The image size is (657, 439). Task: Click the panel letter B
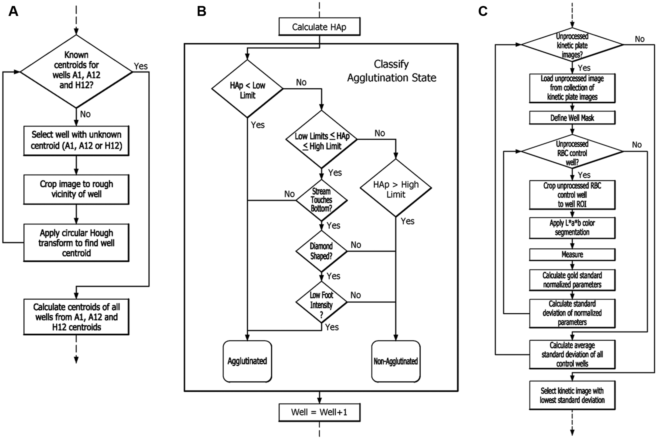(202, 11)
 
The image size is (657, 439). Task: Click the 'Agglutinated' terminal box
(247, 361)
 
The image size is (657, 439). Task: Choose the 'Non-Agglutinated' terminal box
(396, 361)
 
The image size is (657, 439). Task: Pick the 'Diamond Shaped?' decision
(321, 251)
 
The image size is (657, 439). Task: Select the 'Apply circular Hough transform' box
(76, 243)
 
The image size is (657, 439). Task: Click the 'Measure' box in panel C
(572, 254)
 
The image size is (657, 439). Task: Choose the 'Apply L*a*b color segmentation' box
(572, 228)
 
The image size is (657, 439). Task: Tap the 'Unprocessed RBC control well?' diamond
(572, 151)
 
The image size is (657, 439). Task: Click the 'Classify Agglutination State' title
(392, 71)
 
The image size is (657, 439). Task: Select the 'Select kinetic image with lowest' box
(572, 395)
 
